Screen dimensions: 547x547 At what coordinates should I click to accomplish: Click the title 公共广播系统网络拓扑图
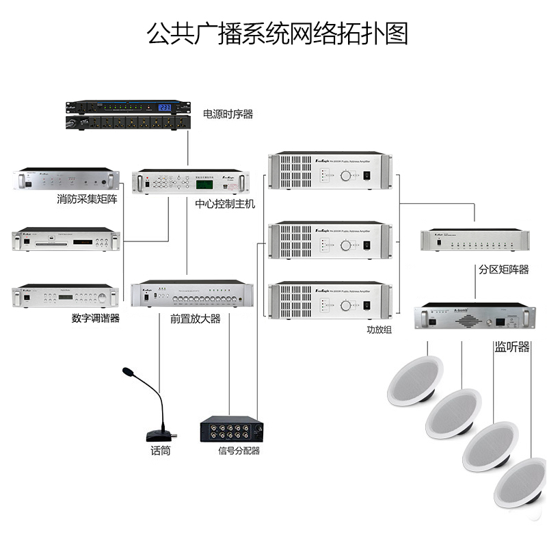(278, 33)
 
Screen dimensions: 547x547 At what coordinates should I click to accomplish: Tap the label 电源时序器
(228, 114)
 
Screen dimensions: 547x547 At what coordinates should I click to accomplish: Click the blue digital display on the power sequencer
(165, 107)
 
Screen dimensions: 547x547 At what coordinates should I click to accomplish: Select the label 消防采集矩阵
(88, 200)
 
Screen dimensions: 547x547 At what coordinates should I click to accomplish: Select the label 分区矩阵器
(504, 269)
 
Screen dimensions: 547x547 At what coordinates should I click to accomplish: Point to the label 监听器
(512, 347)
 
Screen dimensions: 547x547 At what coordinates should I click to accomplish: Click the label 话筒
(160, 451)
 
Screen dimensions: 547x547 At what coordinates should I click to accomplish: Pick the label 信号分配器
(239, 451)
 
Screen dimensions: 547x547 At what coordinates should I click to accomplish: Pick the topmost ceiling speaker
(415, 380)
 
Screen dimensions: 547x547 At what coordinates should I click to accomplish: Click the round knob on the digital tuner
(103, 297)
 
